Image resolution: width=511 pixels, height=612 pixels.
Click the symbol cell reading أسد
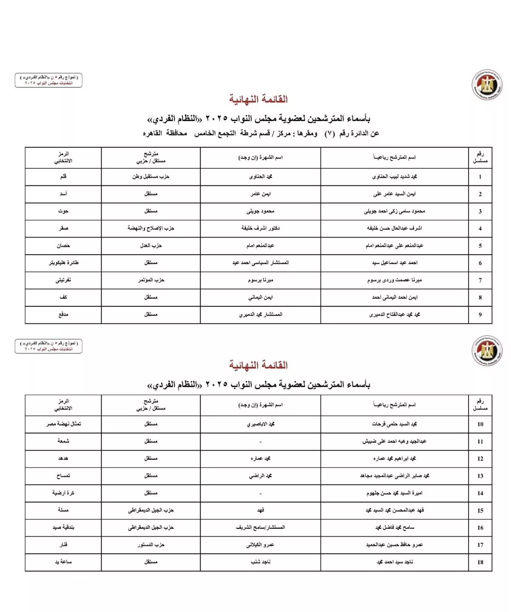click(63, 194)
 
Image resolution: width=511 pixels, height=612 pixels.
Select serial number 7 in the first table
click(480, 280)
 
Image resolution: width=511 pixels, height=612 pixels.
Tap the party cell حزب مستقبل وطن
click(150, 176)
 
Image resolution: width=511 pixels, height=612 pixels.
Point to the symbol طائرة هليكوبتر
click(63, 263)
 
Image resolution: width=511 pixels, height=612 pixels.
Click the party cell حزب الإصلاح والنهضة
click(150, 228)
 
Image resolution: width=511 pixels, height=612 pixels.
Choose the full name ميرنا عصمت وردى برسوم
click(394, 280)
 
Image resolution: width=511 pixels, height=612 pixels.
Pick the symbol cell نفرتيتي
click(63, 280)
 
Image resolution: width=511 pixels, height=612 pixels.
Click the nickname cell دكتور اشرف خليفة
click(260, 228)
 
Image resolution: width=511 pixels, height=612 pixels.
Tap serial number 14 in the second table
click(480, 493)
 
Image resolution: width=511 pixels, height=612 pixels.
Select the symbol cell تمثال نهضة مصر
click(63, 424)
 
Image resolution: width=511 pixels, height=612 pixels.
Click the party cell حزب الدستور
click(150, 545)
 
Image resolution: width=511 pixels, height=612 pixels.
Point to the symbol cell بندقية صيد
click(63, 527)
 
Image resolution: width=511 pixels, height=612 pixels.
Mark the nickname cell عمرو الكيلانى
click(260, 545)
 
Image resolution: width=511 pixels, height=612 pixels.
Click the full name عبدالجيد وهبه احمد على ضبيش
click(394, 441)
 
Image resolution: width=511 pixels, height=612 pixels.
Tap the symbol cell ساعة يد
click(63, 562)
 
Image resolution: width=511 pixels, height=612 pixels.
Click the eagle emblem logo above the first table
click(487, 85)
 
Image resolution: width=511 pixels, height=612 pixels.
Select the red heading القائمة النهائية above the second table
click(258, 365)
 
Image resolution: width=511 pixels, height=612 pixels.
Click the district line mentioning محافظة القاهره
click(261, 133)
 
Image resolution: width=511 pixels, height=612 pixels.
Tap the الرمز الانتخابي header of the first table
click(63, 157)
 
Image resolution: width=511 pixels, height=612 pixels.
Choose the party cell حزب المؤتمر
click(150, 280)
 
